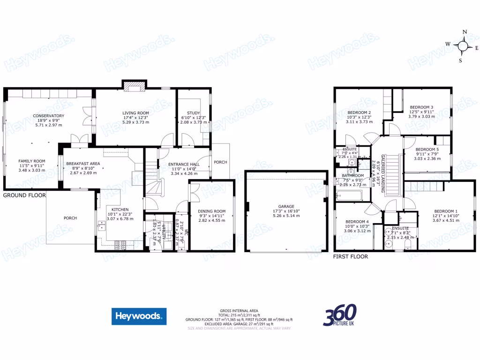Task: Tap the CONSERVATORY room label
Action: [48, 116]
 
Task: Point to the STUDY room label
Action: [193, 113]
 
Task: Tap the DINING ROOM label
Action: [211, 211]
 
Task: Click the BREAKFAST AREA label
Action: [83, 164]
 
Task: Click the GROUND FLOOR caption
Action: [24, 195]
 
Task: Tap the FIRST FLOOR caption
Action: [350, 256]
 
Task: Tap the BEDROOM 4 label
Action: [357, 222]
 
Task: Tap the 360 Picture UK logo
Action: [340, 316]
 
